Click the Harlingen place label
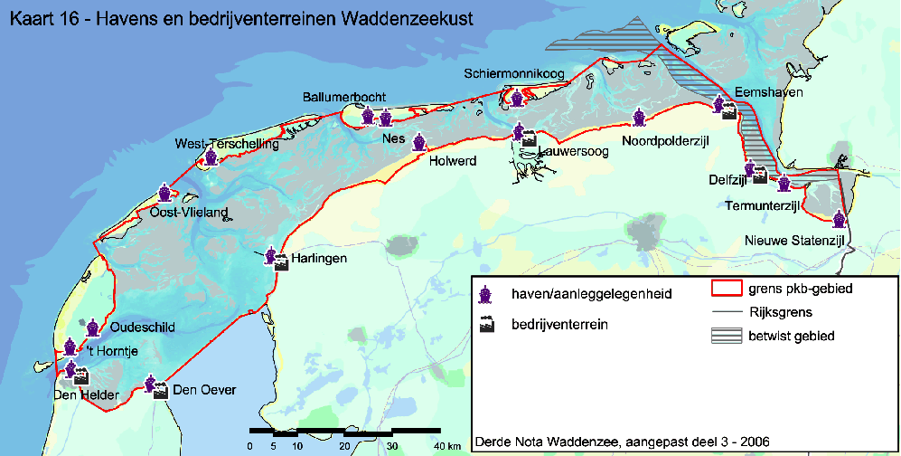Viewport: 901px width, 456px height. [x=318, y=259]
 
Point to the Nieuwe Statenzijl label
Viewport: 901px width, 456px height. [x=794, y=240]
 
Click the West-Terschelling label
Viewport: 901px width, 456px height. [x=217, y=144]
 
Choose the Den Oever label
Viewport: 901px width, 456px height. [x=204, y=390]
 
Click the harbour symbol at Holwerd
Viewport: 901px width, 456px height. [x=419, y=143]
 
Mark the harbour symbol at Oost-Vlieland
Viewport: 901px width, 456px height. [x=164, y=193]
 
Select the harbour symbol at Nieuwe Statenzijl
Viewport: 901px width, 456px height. [x=839, y=218]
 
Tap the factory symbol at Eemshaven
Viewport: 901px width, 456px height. [x=728, y=109]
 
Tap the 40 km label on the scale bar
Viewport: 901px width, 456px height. [x=447, y=446]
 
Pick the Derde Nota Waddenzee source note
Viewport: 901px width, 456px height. [x=623, y=442]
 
